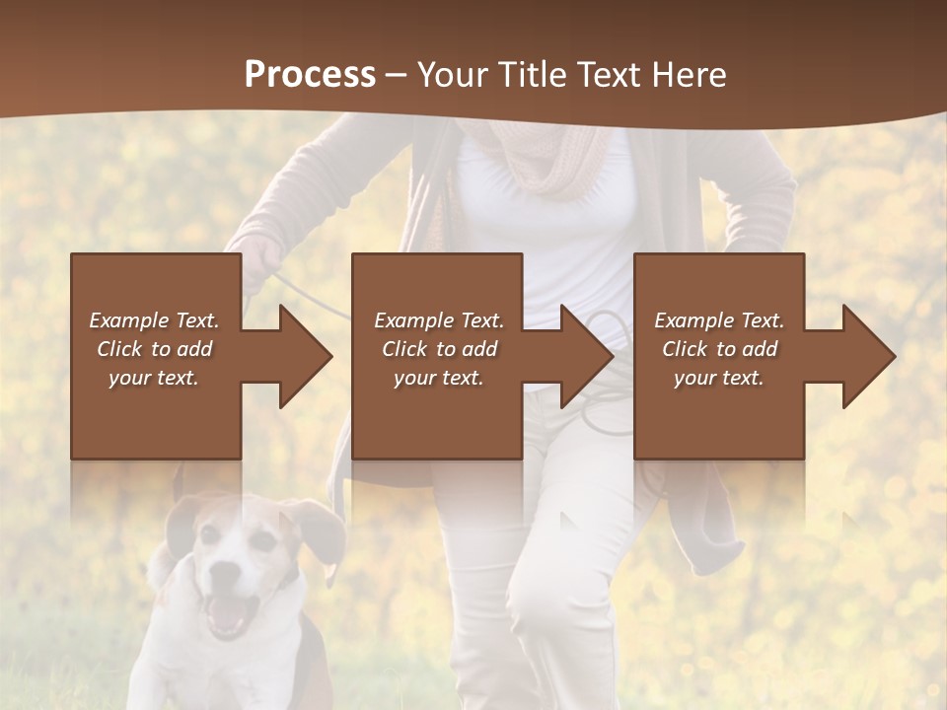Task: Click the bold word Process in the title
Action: [x=310, y=74]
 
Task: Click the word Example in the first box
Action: [x=128, y=320]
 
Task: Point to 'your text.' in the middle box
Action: [x=438, y=378]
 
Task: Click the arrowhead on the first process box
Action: [x=301, y=356]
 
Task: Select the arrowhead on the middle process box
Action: [x=584, y=356]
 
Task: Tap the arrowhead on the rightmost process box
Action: [x=866, y=356]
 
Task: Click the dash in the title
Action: [x=396, y=74]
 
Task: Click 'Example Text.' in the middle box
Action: [x=438, y=320]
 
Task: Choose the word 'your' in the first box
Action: [x=128, y=378]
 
